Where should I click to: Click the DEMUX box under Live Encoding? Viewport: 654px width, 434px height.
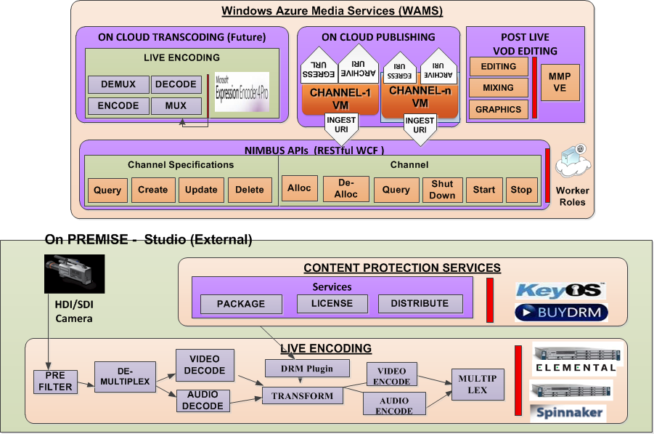click(118, 84)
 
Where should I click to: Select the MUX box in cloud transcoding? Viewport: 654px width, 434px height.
click(176, 106)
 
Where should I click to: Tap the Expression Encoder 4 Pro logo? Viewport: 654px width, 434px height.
click(242, 92)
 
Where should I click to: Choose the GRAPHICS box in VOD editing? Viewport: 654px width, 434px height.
click(499, 110)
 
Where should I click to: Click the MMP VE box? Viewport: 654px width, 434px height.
click(560, 82)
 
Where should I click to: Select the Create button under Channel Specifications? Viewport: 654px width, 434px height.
click(152, 190)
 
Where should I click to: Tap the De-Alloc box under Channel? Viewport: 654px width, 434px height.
click(346, 189)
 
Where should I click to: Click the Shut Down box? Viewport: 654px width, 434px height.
click(442, 190)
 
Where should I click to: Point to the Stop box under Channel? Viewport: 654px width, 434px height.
click(521, 190)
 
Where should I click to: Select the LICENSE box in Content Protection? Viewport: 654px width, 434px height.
click(332, 304)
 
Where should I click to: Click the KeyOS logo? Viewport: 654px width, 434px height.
click(560, 291)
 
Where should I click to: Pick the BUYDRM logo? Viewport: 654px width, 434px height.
click(560, 313)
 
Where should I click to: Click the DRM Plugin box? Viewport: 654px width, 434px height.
click(307, 369)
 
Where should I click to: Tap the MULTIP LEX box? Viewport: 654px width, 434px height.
click(478, 385)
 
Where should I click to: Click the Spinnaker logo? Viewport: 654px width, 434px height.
click(568, 413)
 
